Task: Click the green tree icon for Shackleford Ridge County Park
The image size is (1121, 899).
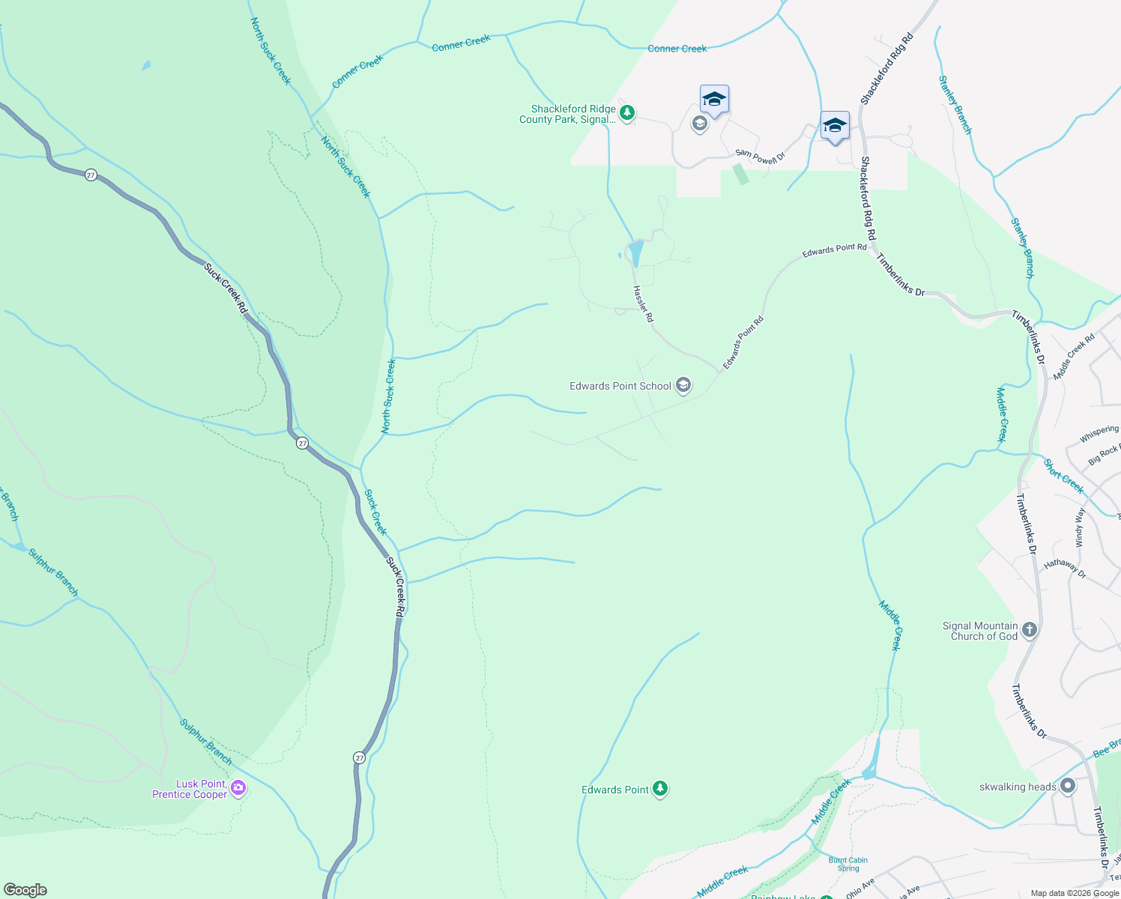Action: pos(627,113)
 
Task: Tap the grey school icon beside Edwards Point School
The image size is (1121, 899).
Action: pos(683,386)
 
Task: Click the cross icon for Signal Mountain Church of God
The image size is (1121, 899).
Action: pos(1030,630)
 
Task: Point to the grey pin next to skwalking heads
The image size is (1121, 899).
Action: pos(1068,786)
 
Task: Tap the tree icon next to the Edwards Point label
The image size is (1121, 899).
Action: pos(659,789)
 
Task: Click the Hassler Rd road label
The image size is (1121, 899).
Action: pos(643,304)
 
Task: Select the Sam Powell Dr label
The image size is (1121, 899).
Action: pos(759,157)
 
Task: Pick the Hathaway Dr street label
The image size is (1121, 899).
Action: pos(1065,568)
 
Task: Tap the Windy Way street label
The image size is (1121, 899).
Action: pos(1080,527)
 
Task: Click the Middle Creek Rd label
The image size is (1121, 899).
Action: pos(1074,357)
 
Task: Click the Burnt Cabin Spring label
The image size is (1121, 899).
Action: pos(848,865)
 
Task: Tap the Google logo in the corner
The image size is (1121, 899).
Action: pos(25,890)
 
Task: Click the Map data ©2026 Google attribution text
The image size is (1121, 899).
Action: pos(1074,893)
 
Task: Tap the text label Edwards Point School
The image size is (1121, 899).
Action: pos(620,386)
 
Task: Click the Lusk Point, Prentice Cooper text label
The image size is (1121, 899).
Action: pos(190,789)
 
